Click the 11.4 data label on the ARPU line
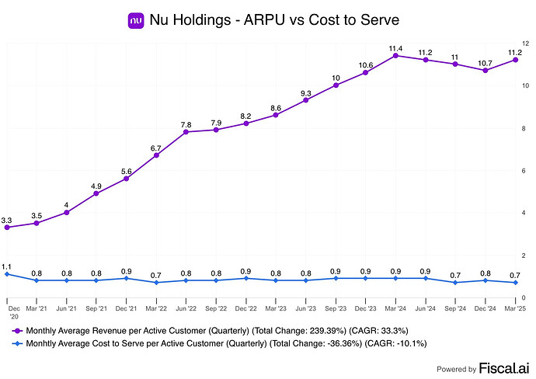tap(395, 47)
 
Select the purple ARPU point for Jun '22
tap(186, 132)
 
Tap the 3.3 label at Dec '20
tap(7, 221)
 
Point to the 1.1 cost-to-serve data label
tap(7, 266)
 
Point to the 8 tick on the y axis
tap(525, 128)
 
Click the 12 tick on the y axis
tap(525, 43)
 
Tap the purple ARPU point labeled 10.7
tap(486, 71)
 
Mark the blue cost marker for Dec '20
tap(7, 274)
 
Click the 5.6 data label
tap(127, 171)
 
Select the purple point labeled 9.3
tap(306, 100)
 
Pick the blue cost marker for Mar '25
tap(515, 283)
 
